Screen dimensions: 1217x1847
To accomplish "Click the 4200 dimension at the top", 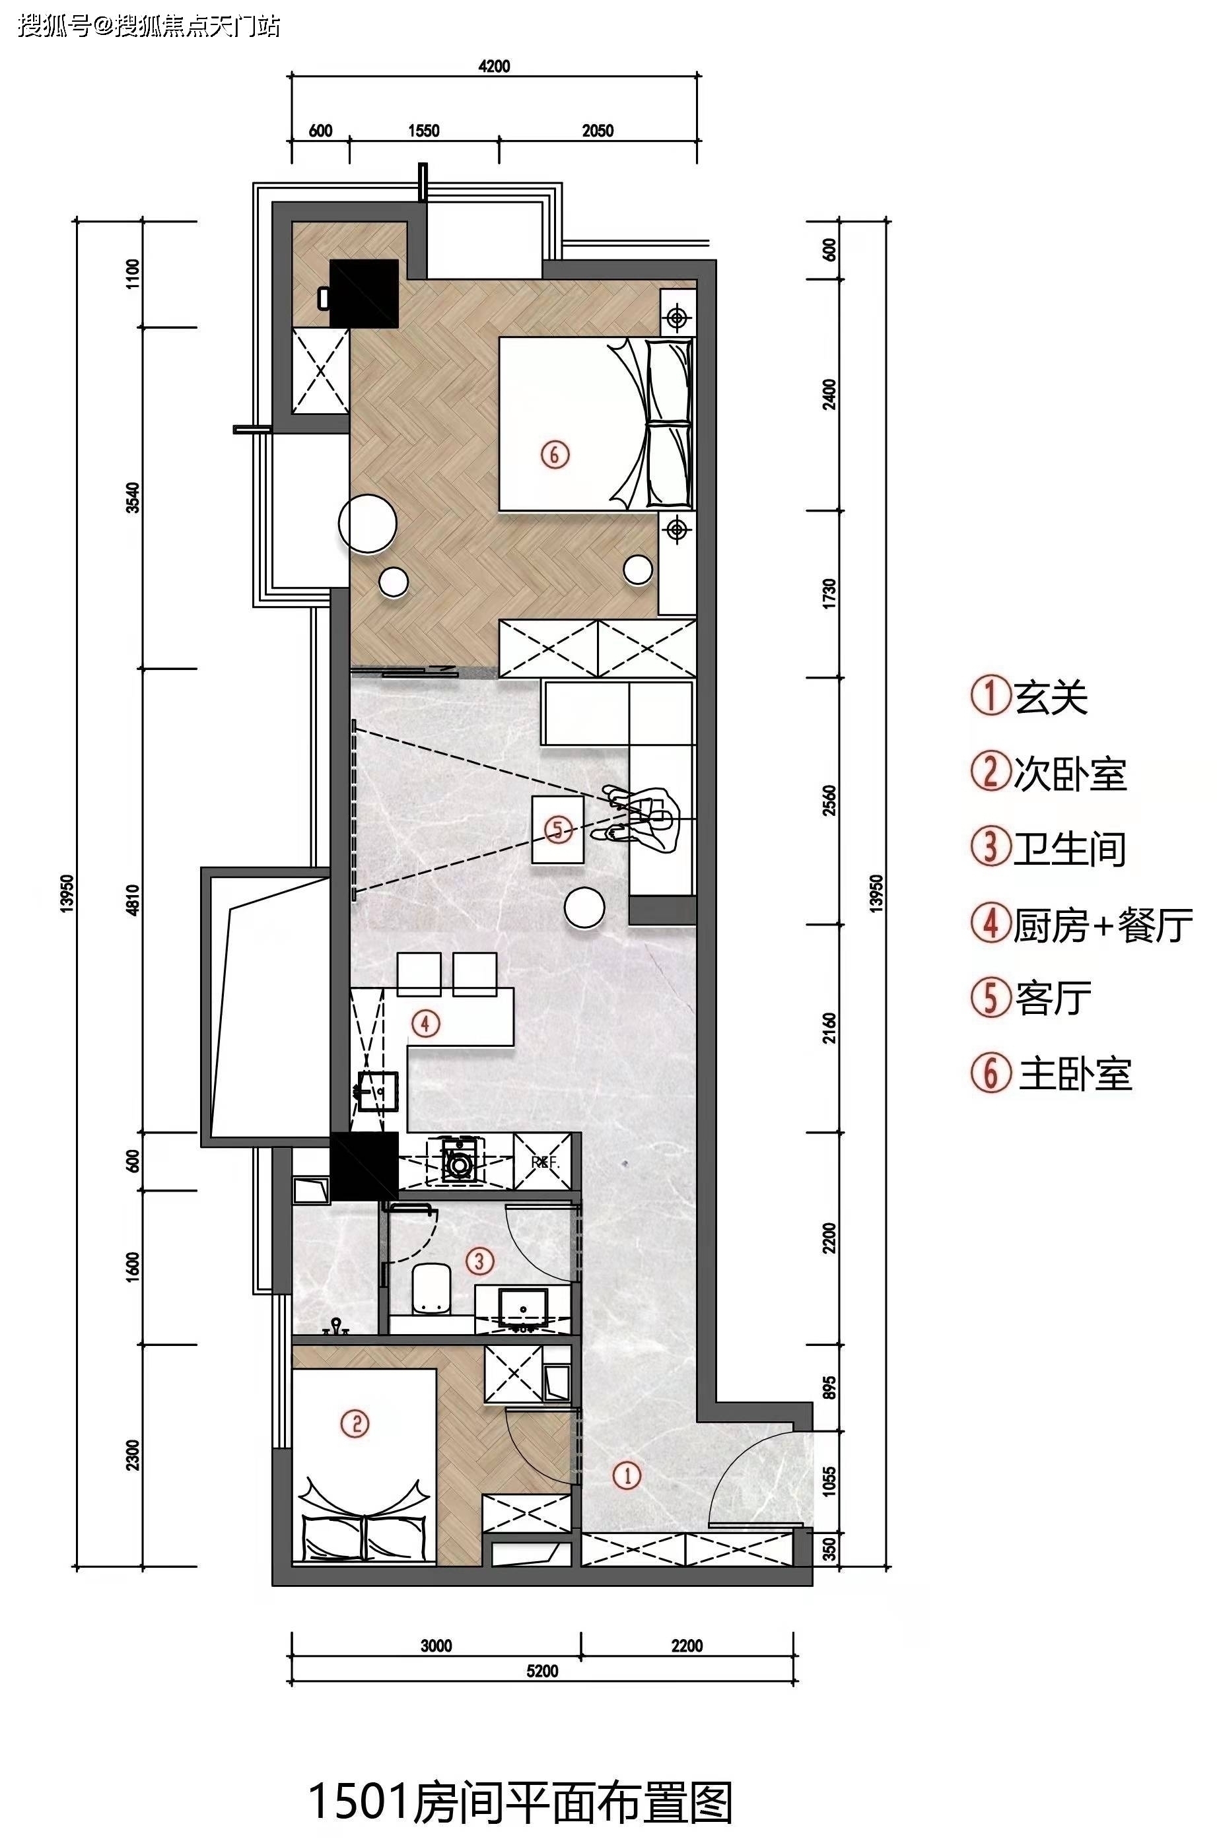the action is [495, 67].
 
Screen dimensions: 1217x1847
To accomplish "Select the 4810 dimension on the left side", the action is [133, 900].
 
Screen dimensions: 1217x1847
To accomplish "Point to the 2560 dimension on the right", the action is [831, 800].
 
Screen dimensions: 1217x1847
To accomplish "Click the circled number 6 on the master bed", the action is [555, 455].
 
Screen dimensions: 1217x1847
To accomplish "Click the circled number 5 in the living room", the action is [558, 830].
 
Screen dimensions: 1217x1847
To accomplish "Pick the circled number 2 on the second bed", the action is [355, 1424].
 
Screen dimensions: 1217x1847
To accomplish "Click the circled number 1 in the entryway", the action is [627, 1475].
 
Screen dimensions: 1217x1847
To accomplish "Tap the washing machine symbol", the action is [460, 1160].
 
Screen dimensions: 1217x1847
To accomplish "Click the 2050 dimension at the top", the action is [598, 131].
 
